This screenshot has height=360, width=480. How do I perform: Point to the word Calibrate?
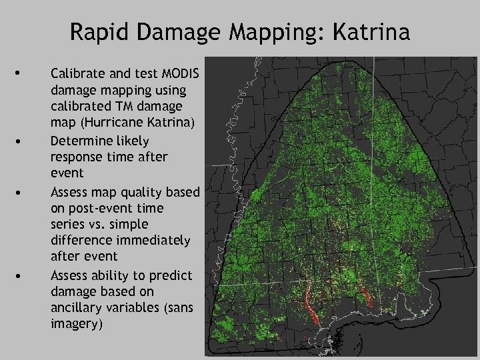75,73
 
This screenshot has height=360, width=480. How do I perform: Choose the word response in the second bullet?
75,157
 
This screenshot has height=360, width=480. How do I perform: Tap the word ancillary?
75,309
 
